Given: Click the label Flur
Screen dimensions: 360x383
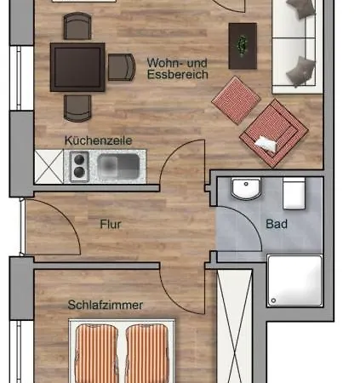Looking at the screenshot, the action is pos(111,224).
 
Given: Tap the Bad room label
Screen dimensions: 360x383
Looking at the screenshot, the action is pos(277,224).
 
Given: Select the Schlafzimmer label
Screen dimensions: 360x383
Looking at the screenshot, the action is pos(106,305).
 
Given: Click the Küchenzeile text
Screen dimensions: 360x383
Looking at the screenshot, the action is pos(98,140).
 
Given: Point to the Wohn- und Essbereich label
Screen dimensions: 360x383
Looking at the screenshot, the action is pos(178,68).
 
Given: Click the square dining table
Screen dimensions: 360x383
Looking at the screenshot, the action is pos(77,67).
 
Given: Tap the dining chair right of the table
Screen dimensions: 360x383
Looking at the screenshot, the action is pos(122,67).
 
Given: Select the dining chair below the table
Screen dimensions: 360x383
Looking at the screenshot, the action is pos(77,108).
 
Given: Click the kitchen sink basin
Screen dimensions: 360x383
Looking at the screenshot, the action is pos(118,166).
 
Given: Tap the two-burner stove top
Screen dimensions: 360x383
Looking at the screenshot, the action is pos(79,166).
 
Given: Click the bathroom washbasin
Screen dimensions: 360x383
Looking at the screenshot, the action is pos(246,188).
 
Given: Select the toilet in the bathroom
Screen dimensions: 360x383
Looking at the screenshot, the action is pos(294,193).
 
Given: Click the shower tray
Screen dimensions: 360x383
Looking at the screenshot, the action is pos(295,281).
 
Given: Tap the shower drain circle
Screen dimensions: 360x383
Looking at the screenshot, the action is pos(273,300).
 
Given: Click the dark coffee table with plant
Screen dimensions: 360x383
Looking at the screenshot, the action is pos(243,46).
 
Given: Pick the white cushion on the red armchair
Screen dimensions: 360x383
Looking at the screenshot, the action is pos(266,144).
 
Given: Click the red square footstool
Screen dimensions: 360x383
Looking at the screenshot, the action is pos(236,100).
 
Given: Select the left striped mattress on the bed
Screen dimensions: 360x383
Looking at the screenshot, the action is pos(96,353).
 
